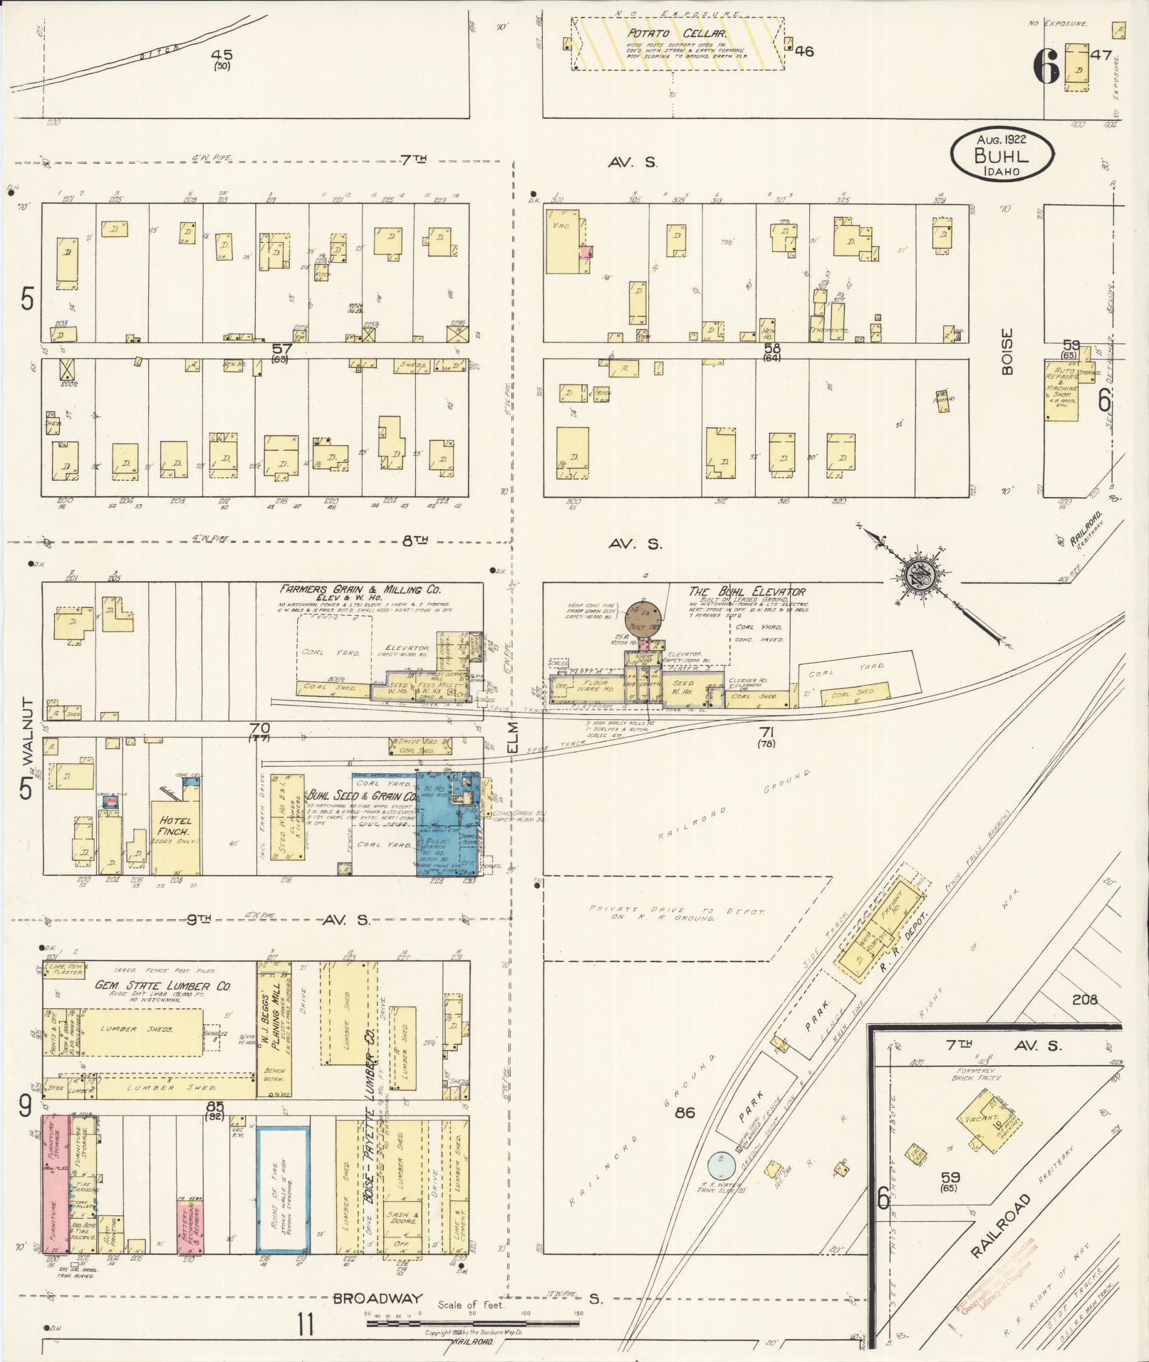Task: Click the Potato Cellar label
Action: point(676,33)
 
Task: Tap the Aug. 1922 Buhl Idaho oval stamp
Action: point(1002,154)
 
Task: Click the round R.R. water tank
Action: point(724,1165)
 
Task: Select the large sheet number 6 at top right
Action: point(1045,69)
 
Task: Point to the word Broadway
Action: point(378,1299)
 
